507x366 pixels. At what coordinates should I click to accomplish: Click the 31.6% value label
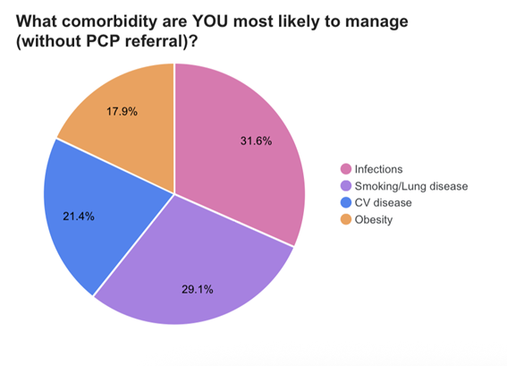click(257, 140)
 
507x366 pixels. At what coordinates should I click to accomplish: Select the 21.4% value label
click(78, 216)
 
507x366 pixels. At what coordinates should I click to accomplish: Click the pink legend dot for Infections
click(344, 168)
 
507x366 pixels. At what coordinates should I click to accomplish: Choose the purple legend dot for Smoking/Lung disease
click(344, 185)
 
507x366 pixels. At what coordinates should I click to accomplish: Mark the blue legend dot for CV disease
click(344, 202)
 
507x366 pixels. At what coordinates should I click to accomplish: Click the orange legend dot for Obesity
click(344, 219)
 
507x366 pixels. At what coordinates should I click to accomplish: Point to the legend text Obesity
click(373, 219)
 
